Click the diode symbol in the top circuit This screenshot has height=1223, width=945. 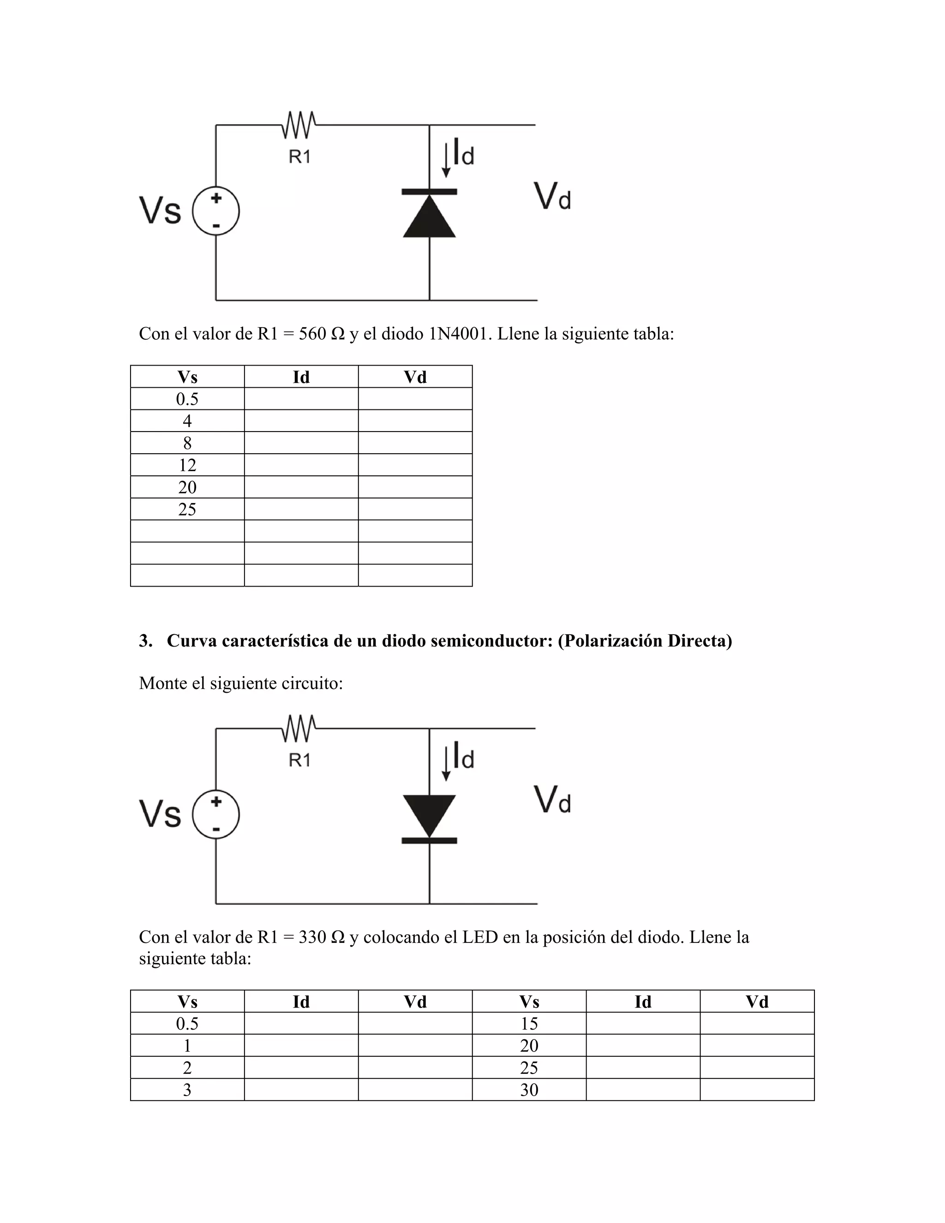click(x=430, y=214)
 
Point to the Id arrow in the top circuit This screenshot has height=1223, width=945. click(x=446, y=160)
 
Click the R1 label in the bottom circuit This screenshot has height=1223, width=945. click(x=299, y=760)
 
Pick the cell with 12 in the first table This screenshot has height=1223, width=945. click(x=187, y=465)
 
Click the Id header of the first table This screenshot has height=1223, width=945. click(x=301, y=377)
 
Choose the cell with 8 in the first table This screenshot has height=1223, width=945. click(x=187, y=443)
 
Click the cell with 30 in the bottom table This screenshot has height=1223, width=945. click(x=529, y=1090)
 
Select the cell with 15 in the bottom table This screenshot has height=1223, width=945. click(x=529, y=1024)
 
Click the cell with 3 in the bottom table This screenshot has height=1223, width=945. click(x=187, y=1090)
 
